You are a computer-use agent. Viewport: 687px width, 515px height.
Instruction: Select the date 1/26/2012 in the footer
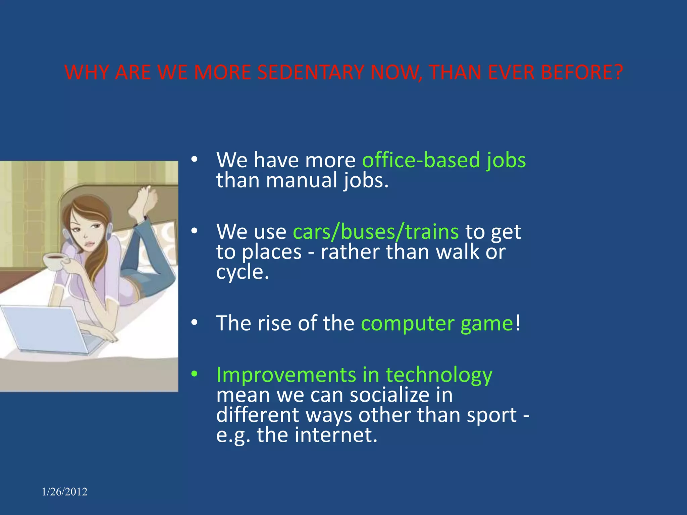coord(65,492)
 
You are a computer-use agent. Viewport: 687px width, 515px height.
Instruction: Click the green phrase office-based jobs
coord(444,160)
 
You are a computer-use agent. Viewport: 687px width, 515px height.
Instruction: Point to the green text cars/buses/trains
coord(376,232)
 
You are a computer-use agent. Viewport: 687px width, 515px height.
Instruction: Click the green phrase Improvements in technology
coord(354,375)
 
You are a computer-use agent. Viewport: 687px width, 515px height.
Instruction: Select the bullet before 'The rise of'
coord(195,323)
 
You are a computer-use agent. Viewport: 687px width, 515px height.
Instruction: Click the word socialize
coord(389,395)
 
